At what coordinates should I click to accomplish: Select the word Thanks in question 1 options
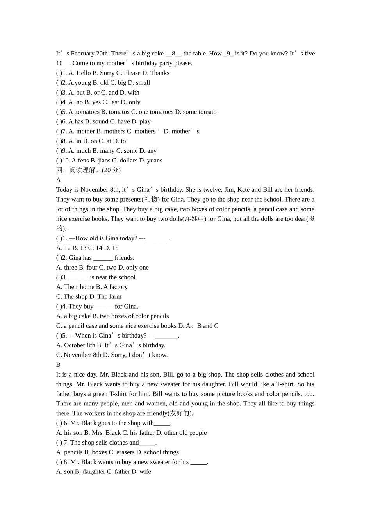click(x=160, y=73)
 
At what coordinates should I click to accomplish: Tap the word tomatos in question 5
click(x=119, y=112)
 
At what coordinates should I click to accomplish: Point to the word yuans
click(x=154, y=161)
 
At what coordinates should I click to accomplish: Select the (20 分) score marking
click(x=111, y=170)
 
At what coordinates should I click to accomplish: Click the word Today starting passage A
click(x=64, y=190)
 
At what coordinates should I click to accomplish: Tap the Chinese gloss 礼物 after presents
click(x=151, y=200)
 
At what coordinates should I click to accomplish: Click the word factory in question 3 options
click(x=118, y=287)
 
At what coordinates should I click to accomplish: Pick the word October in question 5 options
click(x=75, y=345)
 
